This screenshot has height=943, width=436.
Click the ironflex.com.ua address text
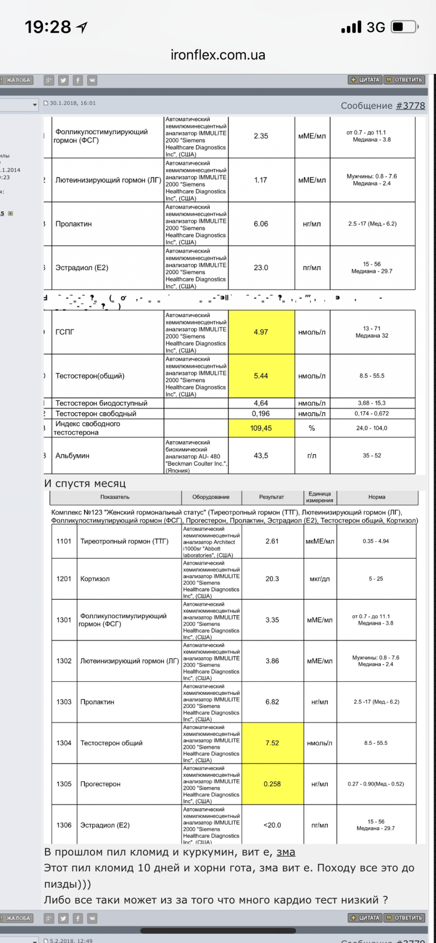(x=218, y=55)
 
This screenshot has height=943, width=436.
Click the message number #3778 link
(x=410, y=106)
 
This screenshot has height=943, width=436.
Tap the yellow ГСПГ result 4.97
(x=261, y=332)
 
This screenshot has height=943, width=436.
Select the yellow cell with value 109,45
(x=261, y=428)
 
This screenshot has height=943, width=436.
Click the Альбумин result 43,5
(x=261, y=455)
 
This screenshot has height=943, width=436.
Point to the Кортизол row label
(x=95, y=579)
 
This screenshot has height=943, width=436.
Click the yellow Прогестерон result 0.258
(x=272, y=784)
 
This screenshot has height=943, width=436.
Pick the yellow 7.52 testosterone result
(x=272, y=743)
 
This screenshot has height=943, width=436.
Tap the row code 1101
(x=64, y=541)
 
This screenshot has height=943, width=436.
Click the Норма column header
(x=377, y=497)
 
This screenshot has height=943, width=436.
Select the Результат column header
(x=272, y=497)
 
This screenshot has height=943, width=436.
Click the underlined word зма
(x=286, y=852)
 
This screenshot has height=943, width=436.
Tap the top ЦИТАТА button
(x=365, y=80)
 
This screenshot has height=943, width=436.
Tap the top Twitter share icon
(x=63, y=80)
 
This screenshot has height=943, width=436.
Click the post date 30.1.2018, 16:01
(x=73, y=103)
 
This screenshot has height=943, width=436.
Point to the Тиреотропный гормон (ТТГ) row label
(x=124, y=541)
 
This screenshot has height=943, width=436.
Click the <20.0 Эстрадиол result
(x=272, y=825)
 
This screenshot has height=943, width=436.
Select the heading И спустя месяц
(x=85, y=484)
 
